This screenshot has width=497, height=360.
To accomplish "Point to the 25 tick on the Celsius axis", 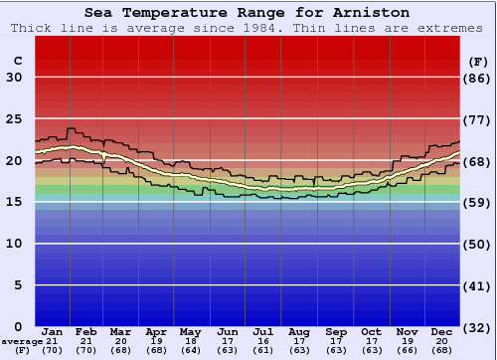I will point(14,119).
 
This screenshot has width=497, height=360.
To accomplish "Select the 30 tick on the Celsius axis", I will point(14,78).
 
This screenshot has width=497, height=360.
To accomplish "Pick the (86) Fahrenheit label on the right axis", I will point(479,78).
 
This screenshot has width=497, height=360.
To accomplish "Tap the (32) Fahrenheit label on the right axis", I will point(479,327).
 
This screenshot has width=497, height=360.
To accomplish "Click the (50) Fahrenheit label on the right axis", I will point(479,244).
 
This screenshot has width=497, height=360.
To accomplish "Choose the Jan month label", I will point(53,331).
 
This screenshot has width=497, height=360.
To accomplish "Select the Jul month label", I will point(263,331).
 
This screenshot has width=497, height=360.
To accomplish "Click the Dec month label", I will point(441,331).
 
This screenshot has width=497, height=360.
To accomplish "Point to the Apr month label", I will point(157,331).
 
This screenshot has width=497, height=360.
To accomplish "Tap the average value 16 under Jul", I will point(263,340).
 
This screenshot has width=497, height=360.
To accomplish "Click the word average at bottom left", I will point(22,341).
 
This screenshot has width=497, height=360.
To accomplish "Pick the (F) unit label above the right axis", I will point(477,61).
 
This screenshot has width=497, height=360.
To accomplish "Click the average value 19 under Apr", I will point(157,340).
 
